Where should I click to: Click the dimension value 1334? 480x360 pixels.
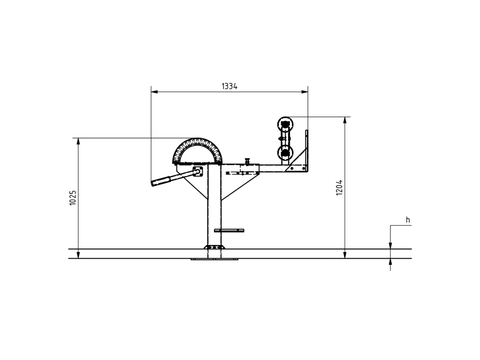click(229, 86)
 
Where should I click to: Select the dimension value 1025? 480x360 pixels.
click(73, 198)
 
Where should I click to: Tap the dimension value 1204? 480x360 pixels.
click(339, 188)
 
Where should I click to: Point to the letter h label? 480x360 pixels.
click(408, 220)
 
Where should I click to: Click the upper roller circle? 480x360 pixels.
click(285, 124)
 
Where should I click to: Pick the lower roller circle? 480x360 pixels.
click(285, 153)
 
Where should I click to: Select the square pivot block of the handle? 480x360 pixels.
click(198, 171)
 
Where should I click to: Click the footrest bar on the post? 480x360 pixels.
click(229, 230)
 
